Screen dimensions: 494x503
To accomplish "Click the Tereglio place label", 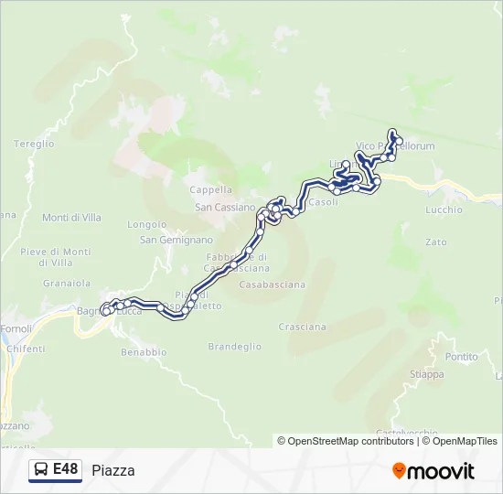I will click(35, 144).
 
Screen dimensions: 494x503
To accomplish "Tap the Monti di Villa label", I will click(71, 218).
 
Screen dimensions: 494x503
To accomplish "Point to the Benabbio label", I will click(144, 351).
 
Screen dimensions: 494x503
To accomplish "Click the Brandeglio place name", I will click(235, 347).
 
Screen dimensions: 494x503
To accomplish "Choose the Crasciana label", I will click(302, 327).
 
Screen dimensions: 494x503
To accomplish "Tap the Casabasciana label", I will click(273, 285).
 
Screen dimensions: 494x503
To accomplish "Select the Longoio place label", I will click(147, 224).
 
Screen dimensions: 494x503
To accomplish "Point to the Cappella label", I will click(210, 190).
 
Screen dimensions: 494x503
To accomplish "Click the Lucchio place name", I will click(444, 209).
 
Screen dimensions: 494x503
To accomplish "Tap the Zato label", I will click(436, 242).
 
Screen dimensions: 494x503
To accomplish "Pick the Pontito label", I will click(461, 357).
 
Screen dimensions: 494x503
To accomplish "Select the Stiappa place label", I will click(427, 374).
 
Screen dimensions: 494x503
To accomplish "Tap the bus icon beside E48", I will click(41, 470).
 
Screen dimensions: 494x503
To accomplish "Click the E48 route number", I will click(65, 469).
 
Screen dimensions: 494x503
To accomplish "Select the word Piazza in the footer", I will click(113, 470).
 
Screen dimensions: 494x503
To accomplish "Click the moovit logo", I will click(433, 471).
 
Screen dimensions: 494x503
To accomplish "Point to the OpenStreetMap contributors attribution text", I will click(350, 441).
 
